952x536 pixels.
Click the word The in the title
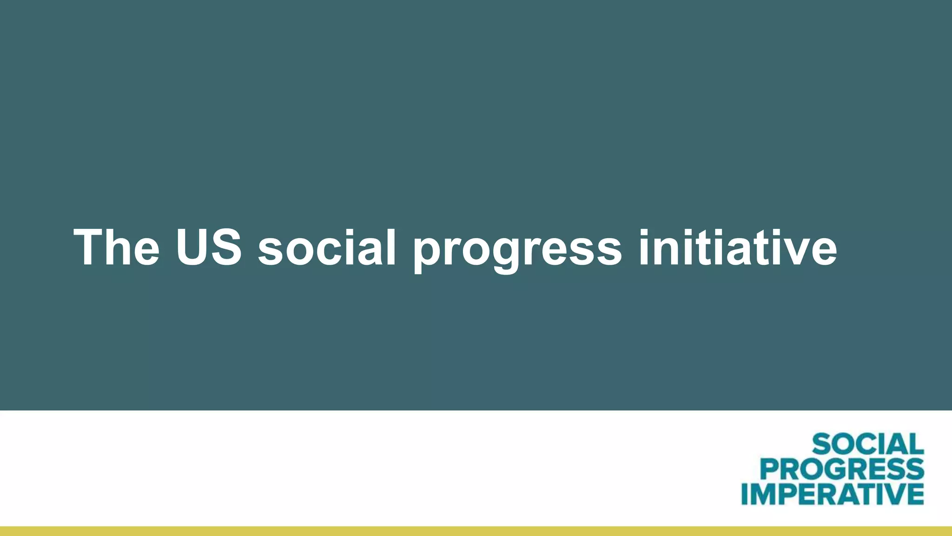coord(116,248)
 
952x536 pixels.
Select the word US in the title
coord(209,248)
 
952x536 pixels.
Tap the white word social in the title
coord(327,248)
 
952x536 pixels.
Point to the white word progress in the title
coord(517,251)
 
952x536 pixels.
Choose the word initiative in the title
coord(738,248)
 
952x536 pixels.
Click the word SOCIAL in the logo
coord(868,444)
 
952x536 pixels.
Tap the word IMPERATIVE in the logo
coord(833,494)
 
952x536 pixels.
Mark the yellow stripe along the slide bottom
coord(476,531)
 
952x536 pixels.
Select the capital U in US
coord(192,248)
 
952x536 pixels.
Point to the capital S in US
coord(226,248)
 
